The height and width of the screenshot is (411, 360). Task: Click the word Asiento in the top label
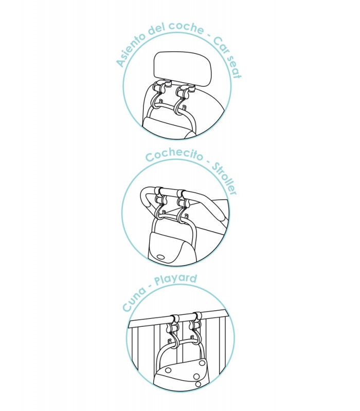tap(131, 49)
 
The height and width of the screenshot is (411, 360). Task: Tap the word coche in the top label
tap(186, 27)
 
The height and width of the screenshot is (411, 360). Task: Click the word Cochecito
tap(174, 155)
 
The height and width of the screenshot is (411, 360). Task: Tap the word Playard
tap(175, 279)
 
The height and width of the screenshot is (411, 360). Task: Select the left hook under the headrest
tap(159, 95)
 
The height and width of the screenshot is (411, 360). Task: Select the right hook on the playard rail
tap(195, 330)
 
